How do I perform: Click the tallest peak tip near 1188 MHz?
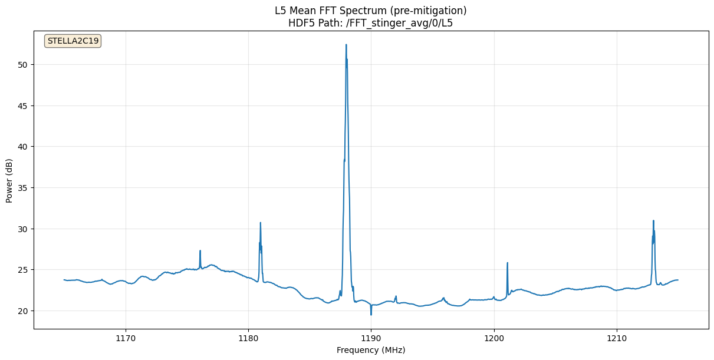tap(346, 45)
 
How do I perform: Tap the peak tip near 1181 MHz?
tap(260, 223)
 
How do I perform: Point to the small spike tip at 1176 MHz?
tap(200, 250)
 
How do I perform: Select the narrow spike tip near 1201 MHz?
tap(507, 263)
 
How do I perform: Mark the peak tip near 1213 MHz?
tap(653, 220)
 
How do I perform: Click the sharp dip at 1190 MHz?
tap(371, 315)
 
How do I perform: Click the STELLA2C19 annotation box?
tap(73, 41)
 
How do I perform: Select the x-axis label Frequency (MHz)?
tap(371, 350)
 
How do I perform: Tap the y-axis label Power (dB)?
tap(9, 181)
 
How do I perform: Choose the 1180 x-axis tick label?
tap(248, 338)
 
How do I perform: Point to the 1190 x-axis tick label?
tap(371, 338)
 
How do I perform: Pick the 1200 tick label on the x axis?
tap(494, 338)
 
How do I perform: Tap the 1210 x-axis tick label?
tap(617, 338)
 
